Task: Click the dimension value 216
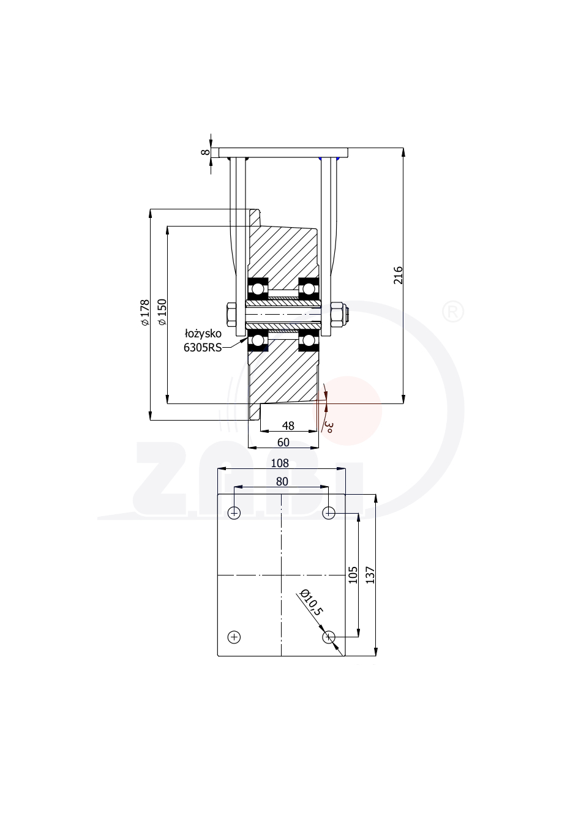[x=398, y=276]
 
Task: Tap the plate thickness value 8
[x=206, y=152]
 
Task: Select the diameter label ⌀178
[x=145, y=312]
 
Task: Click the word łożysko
[x=203, y=334]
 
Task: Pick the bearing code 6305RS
[x=203, y=348]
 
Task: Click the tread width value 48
[x=288, y=425]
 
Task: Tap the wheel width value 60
[x=283, y=443]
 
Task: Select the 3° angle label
[x=329, y=427]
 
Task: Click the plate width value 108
[x=280, y=463]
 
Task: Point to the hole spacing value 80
[x=282, y=482]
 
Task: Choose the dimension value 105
[x=353, y=575]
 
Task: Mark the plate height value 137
[x=370, y=575]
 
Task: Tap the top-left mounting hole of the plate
[x=234, y=513]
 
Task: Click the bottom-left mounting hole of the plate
[x=234, y=637]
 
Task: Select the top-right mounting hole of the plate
[x=329, y=513]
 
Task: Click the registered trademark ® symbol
[x=453, y=312]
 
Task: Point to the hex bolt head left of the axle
[x=231, y=315]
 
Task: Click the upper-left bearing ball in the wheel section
[x=258, y=289]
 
